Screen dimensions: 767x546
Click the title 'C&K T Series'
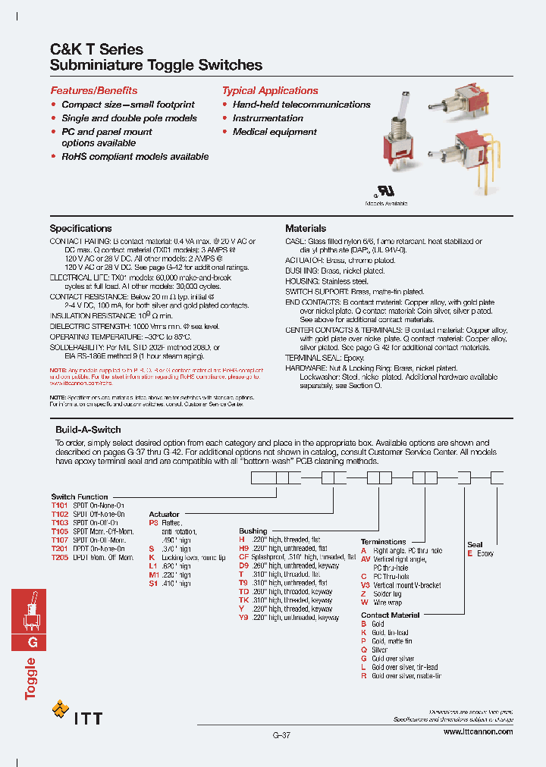pyautogui.click(x=96, y=49)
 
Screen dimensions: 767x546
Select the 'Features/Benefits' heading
pyautogui.click(x=94, y=90)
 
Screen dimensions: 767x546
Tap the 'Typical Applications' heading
pyautogui.click(x=270, y=90)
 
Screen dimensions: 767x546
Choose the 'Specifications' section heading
pyautogui.click(x=80, y=228)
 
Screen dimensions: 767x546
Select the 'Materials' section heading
pyautogui.click(x=306, y=228)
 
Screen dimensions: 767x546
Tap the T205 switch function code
pyautogui.click(x=60, y=557)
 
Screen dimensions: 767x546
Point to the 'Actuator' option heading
pyautogui.click(x=165, y=514)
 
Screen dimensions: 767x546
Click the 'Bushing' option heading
pyautogui.click(x=253, y=531)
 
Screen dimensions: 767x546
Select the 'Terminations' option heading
pyautogui.click(x=383, y=542)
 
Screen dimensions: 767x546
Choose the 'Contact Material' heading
pyautogui.click(x=391, y=615)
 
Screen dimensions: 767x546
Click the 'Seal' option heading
pyautogui.click(x=475, y=545)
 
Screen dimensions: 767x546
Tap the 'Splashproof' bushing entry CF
pyautogui.click(x=244, y=557)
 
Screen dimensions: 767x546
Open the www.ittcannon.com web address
pyautogui.click(x=477, y=731)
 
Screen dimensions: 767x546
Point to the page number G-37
pyautogui.click(x=281, y=735)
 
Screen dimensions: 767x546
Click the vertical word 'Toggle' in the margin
pyautogui.click(x=31, y=678)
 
